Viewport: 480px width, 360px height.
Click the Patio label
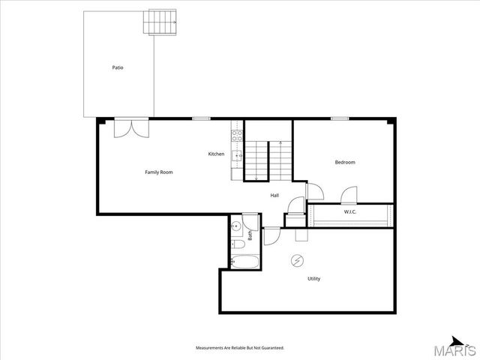118,67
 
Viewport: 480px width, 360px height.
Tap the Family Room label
159,172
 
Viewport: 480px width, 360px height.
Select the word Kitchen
216,154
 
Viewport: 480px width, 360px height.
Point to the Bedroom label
345,162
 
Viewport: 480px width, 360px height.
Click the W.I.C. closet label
350,212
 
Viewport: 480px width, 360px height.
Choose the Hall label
275,196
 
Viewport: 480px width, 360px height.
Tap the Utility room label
313,279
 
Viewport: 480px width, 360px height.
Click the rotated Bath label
250,235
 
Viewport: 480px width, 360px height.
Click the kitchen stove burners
236,136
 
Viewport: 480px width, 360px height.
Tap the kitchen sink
236,156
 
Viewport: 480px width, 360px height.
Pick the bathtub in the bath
244,262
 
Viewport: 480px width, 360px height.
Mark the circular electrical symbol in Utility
298,261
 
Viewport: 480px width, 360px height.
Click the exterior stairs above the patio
160,22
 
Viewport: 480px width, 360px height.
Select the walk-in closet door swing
349,196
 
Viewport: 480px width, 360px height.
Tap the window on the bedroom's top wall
340,118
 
